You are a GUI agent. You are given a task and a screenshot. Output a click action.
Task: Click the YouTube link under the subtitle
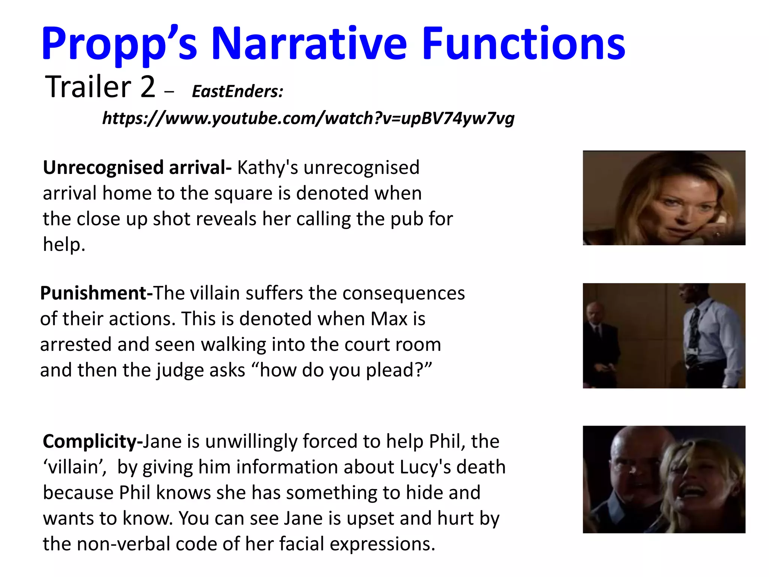click(308, 118)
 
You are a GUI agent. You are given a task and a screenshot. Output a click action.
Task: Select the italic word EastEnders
click(237, 91)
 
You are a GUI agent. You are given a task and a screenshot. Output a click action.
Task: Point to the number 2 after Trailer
click(148, 87)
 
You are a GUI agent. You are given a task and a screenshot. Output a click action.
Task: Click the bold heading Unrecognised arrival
click(137, 168)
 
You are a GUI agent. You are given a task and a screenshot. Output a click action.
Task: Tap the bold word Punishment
click(96, 293)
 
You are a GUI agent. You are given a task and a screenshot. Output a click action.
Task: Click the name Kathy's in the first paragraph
click(268, 168)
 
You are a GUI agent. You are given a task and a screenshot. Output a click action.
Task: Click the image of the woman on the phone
click(663, 198)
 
